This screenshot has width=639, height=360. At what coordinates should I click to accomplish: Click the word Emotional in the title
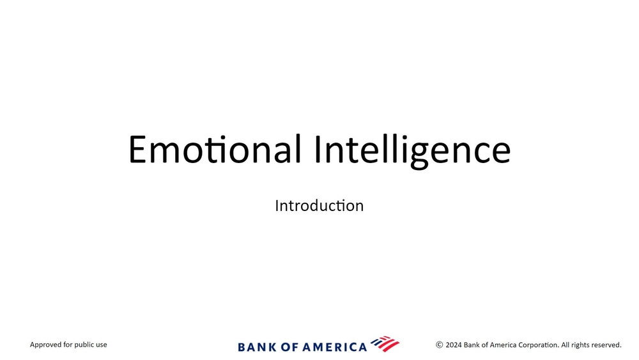(x=215, y=149)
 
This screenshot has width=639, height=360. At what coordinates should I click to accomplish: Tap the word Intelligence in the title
(x=412, y=151)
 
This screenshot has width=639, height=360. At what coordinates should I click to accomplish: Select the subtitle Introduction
(x=319, y=205)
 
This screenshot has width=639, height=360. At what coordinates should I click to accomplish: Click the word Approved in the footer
(x=45, y=345)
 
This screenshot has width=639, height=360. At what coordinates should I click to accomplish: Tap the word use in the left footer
(x=102, y=345)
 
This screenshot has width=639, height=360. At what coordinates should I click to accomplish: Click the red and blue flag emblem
(x=385, y=343)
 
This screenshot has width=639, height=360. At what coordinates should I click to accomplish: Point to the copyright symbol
(x=440, y=345)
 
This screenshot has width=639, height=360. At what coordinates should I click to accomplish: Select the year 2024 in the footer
(x=454, y=345)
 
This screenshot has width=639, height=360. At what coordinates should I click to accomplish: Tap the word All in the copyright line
(x=566, y=345)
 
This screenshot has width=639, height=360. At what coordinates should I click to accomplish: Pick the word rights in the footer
(x=581, y=345)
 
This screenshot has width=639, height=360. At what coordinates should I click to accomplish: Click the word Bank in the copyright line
(x=472, y=345)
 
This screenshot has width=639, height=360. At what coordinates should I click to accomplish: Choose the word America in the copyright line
(x=503, y=345)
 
